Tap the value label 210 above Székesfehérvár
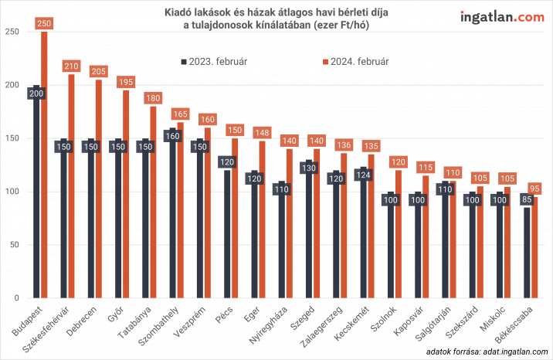point(71,66)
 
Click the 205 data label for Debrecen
point(98,71)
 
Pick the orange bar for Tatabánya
point(153,201)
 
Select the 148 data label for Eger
point(262,132)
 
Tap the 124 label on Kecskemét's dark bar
point(362,174)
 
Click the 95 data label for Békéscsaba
point(535,188)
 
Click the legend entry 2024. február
point(355,59)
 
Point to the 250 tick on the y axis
point(12,32)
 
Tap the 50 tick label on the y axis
point(15,245)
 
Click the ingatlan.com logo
point(501,17)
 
